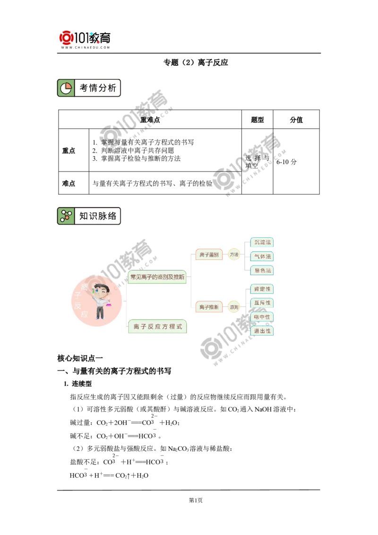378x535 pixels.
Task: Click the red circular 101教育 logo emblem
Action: coord(67,37)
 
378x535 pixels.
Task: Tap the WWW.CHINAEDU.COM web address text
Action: coord(86,48)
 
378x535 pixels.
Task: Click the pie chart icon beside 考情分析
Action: coord(66,88)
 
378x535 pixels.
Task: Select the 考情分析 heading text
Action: coord(97,88)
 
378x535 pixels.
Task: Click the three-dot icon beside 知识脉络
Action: coord(66,216)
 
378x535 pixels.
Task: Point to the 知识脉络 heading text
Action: coord(97,216)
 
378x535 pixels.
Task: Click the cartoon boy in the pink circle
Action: coord(100,301)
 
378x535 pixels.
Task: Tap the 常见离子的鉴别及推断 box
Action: coord(157,276)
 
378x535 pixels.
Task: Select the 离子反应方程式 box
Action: coord(157,327)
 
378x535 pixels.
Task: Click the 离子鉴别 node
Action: coord(209,254)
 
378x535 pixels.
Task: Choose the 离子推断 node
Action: coord(209,307)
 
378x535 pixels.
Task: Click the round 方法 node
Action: coord(233,254)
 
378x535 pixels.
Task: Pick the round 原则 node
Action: coord(233,307)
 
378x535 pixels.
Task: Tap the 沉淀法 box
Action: coord(263,242)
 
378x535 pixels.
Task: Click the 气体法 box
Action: coord(263,256)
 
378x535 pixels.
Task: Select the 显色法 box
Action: coord(263,270)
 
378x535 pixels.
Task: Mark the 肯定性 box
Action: coord(263,289)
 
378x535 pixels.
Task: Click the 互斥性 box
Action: coord(263,302)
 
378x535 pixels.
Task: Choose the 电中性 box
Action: coord(263,317)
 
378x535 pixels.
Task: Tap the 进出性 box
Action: coord(263,331)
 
